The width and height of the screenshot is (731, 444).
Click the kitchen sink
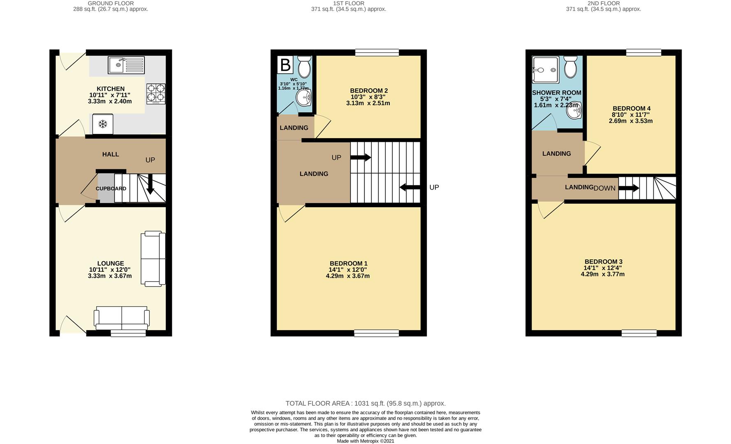tap(126, 65)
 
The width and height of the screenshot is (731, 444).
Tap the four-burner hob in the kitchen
tap(156, 94)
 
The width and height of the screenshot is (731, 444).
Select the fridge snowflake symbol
tap(103, 124)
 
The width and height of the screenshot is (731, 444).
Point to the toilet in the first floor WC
tap(304, 67)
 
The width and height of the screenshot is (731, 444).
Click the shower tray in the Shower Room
tap(545, 70)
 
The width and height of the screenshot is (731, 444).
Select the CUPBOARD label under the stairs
tap(111, 189)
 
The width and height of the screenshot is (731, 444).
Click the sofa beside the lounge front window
tap(122, 318)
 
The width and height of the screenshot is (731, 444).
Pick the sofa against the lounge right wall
tap(153, 259)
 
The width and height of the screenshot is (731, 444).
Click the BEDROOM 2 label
tap(369, 91)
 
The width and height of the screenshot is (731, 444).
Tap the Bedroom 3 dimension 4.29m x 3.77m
tap(603, 274)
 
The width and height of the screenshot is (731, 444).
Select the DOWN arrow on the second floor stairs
tap(629, 188)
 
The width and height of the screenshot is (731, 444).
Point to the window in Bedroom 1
tap(377, 333)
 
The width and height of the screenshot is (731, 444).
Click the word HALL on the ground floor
tap(111, 155)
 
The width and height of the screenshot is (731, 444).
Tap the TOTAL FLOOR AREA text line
tap(365, 404)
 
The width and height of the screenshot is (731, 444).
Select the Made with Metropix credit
tap(365, 441)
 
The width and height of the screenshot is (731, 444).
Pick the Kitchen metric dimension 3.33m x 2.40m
tap(110, 101)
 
